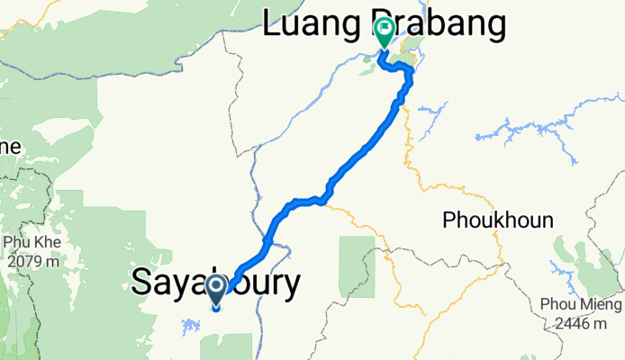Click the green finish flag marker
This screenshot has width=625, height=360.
pos(385,33)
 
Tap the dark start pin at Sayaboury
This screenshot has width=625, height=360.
pos(217,291)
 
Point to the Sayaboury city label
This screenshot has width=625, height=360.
pos(216,283)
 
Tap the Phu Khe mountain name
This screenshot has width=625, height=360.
pos(30,242)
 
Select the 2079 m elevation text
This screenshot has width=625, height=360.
pos(30,262)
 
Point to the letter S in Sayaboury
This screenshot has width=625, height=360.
pos(142,283)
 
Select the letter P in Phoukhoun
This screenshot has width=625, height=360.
pos(448,220)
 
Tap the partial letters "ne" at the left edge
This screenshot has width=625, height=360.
pos(10,146)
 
